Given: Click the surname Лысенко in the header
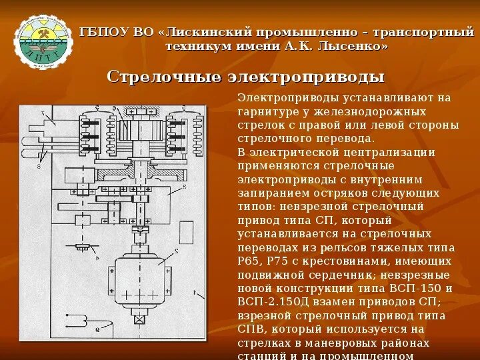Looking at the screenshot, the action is pos(351,47).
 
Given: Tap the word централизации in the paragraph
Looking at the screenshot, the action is pos(393,152).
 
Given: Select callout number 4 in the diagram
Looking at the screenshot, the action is pos(97,257).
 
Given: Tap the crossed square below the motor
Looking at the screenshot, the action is pos(139,319).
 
